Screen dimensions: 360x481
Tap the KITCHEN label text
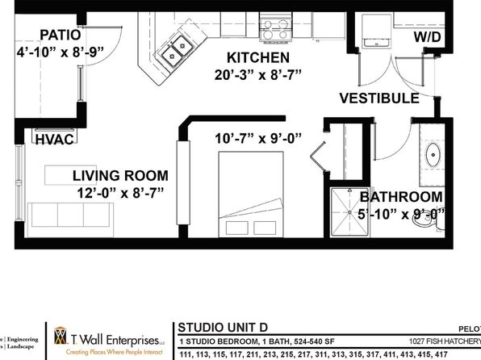point(257,58)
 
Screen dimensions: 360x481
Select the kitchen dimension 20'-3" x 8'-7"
point(257,77)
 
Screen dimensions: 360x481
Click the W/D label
point(429,37)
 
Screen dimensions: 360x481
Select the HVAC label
point(54,139)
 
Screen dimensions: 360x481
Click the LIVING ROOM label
point(120,175)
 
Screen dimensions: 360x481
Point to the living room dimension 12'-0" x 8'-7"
point(120,193)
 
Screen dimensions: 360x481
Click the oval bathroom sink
point(433,154)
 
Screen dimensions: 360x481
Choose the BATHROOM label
point(401,197)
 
